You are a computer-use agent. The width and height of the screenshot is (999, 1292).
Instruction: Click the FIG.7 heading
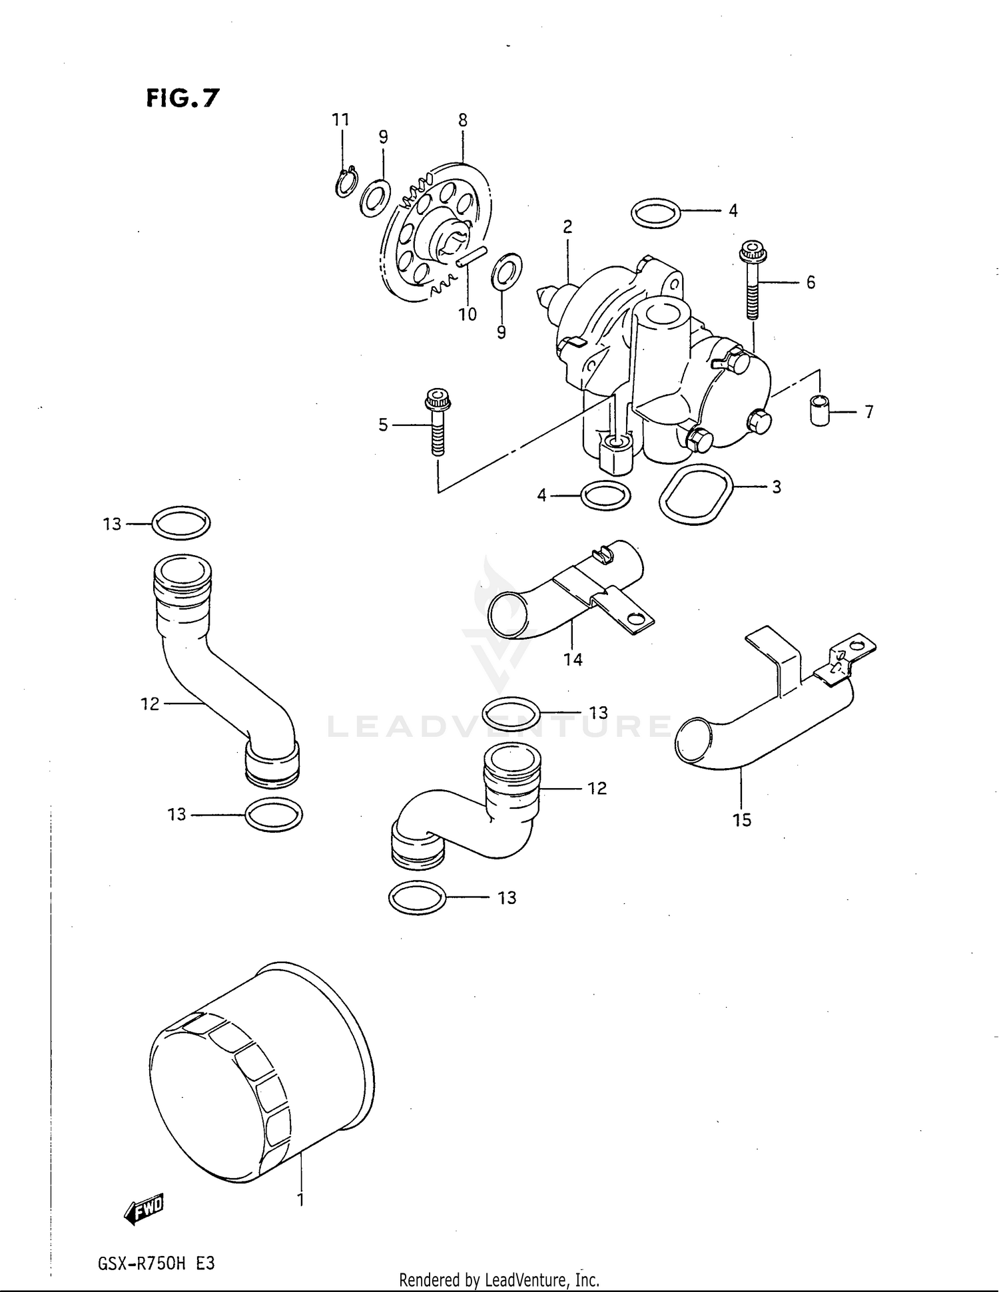182,98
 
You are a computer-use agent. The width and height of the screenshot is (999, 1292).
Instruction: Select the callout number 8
462,120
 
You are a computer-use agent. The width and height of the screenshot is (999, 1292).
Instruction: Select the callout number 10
468,314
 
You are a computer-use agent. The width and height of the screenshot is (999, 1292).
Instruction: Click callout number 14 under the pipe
573,660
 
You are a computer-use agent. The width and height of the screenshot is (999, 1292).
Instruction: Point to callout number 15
742,820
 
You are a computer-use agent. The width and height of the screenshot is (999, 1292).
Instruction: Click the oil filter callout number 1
300,1199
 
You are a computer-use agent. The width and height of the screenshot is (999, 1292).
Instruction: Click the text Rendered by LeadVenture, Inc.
499,1279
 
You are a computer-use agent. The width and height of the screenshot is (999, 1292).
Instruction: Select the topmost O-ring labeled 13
181,523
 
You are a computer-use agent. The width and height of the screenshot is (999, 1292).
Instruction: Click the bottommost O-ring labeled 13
417,898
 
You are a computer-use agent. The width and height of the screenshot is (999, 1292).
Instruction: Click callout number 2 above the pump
567,227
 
